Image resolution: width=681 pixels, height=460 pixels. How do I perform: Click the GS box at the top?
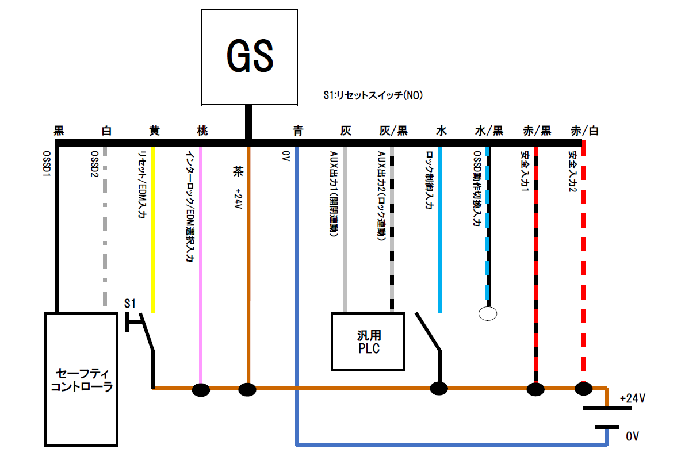tap(249, 56)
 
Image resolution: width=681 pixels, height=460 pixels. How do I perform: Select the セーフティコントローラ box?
tap(81, 379)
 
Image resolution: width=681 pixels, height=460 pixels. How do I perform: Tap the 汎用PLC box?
tap(368, 341)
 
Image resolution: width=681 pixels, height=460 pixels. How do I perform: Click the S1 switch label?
tap(130, 303)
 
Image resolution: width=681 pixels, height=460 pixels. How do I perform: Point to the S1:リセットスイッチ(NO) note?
tap(373, 96)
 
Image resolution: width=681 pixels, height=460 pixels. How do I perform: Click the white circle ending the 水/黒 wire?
tap(488, 313)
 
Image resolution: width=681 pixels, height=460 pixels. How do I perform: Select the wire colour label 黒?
tap(59, 131)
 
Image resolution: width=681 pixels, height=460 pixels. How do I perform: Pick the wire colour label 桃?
tap(202, 131)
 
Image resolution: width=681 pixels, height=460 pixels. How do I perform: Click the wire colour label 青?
tap(297, 131)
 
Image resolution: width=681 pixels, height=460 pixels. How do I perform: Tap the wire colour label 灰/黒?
tap(393, 131)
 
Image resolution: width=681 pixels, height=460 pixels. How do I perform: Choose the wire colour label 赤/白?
tap(584, 131)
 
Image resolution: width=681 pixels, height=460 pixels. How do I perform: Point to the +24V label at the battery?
tap(633, 398)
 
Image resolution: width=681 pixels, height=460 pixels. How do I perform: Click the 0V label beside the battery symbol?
tap(632, 436)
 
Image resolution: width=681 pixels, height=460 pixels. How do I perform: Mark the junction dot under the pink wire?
tap(201, 390)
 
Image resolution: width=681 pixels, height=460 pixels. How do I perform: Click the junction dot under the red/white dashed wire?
tap(583, 389)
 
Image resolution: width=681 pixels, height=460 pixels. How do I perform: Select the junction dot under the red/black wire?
tap(535, 390)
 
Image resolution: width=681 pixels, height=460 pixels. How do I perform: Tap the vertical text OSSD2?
tap(94, 164)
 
